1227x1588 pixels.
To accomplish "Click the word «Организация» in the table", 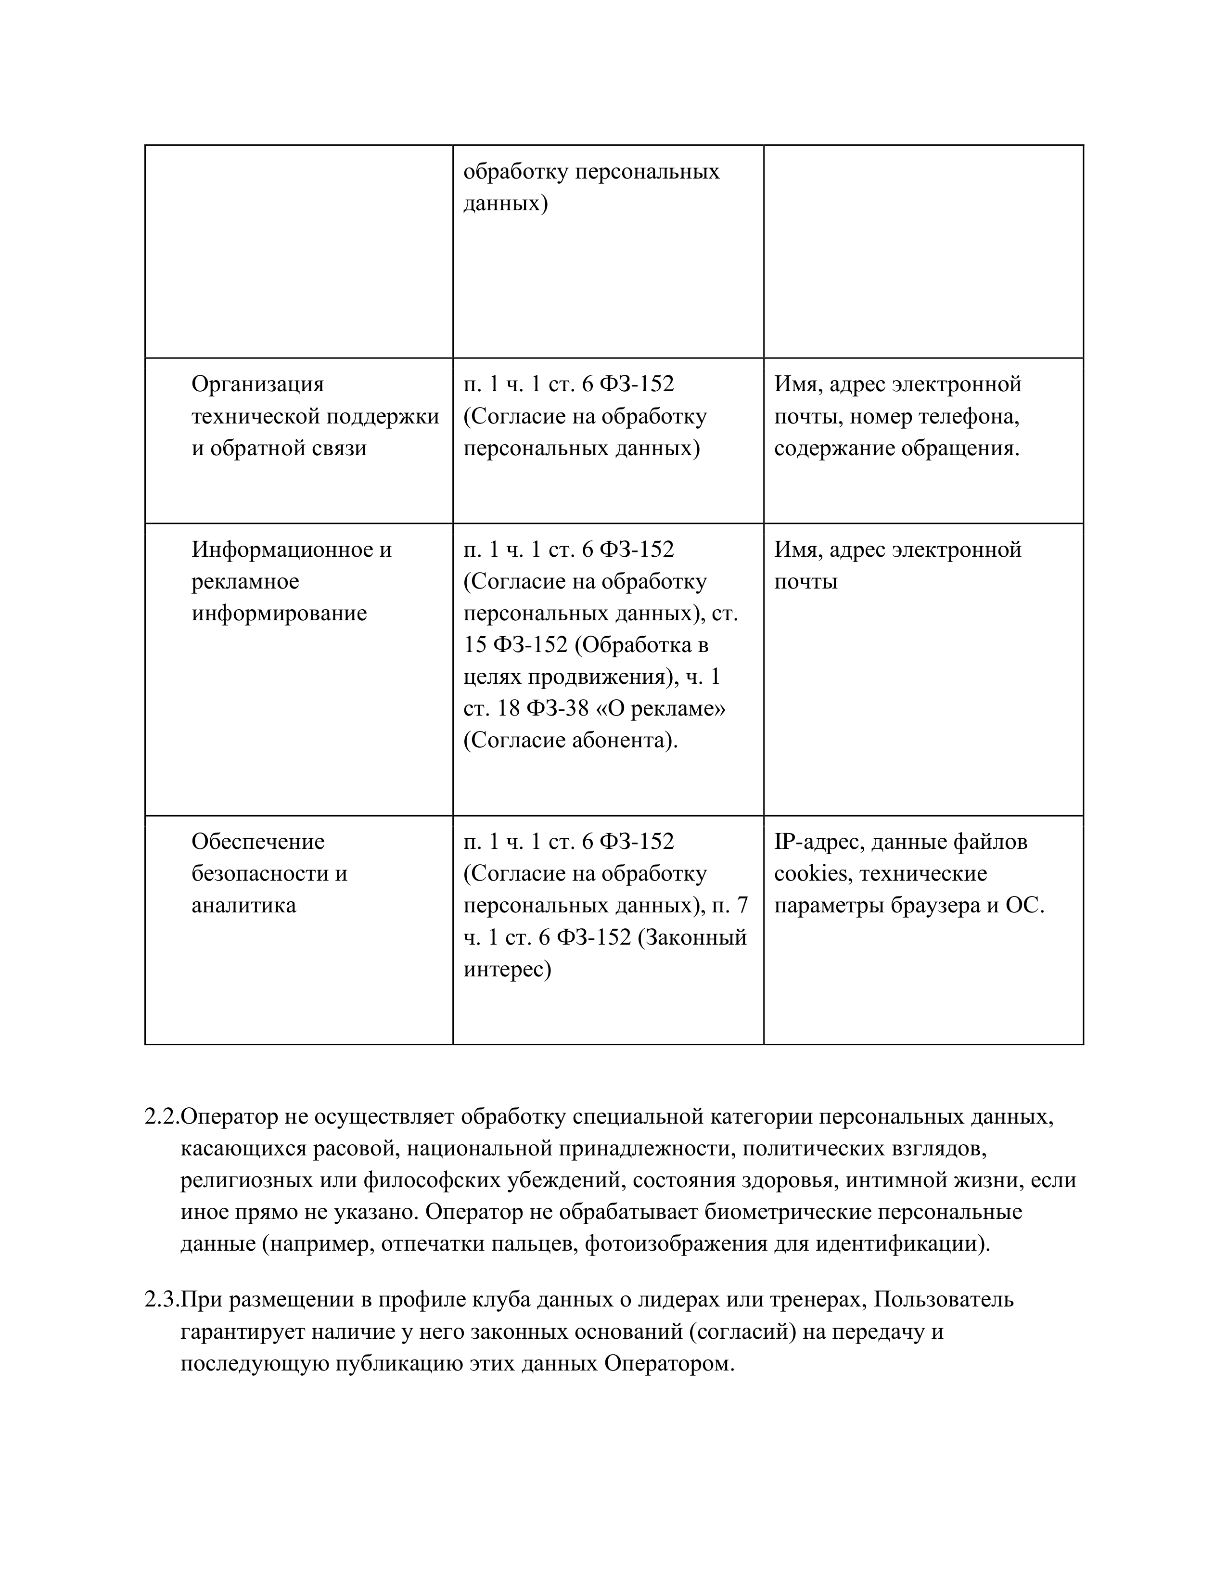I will click(257, 384).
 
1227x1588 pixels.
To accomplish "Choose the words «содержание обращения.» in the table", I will click(896, 448).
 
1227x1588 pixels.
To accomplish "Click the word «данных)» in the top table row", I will click(505, 203).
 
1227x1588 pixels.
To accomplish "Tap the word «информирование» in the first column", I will click(279, 613).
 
